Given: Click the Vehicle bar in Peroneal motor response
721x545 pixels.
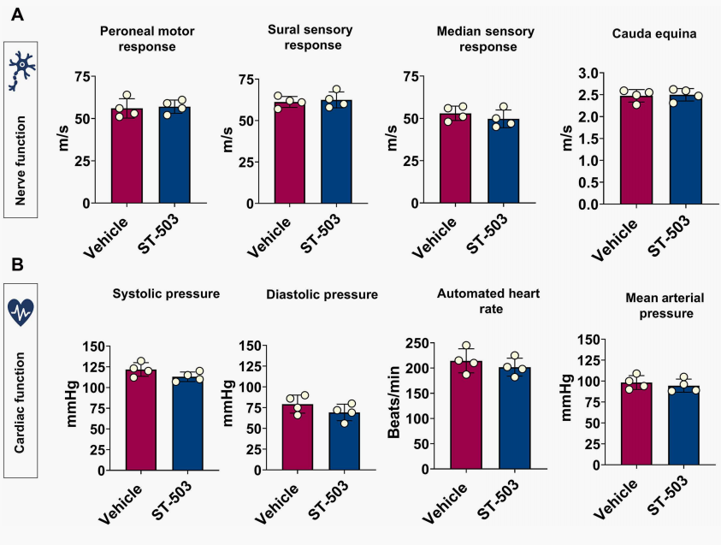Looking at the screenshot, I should (x=127, y=158).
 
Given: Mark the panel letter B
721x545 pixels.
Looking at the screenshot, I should (x=17, y=265).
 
